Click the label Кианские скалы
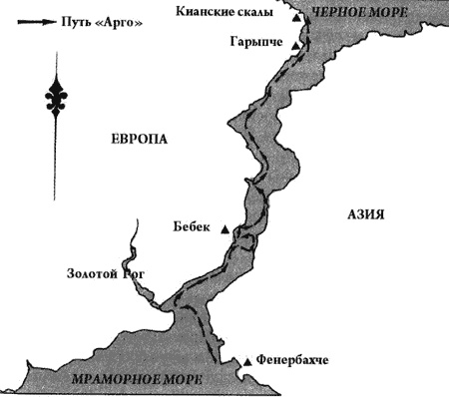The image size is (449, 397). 233,12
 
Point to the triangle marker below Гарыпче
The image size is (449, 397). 294,46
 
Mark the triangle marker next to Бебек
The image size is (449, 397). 224,230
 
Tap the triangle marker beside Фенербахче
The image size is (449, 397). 244,361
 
